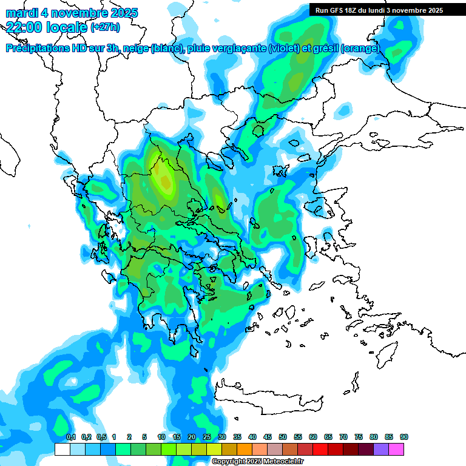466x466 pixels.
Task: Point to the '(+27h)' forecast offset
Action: click(x=105, y=27)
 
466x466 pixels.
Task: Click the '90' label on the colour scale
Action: click(x=404, y=437)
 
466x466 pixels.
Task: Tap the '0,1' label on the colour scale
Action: click(x=71, y=437)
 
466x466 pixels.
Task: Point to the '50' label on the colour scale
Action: click(x=283, y=437)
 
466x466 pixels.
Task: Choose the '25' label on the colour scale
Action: click(x=207, y=437)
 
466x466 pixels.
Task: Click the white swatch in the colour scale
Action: click(x=62, y=449)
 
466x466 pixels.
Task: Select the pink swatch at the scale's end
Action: click(x=396, y=449)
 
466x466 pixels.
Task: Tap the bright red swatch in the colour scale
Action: click(x=320, y=449)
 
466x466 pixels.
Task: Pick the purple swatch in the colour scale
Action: click(x=381, y=449)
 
